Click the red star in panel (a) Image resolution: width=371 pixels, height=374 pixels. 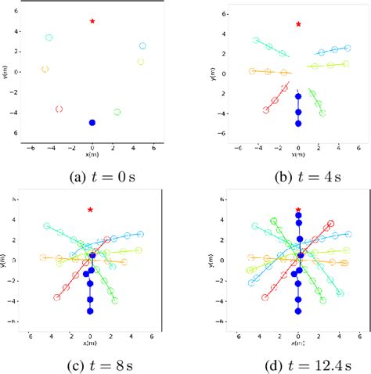[x=92, y=21]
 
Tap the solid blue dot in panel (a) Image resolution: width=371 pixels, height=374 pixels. [x=92, y=123]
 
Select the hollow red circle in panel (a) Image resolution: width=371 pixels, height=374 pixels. [x=59, y=109]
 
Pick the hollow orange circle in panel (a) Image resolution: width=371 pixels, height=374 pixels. [x=45, y=69]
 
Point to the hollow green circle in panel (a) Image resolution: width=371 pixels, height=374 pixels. [x=117, y=112]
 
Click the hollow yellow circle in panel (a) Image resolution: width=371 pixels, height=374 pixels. [x=141, y=62]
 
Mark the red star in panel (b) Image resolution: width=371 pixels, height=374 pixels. [x=298, y=24]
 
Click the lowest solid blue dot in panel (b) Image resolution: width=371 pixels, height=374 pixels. [x=298, y=124]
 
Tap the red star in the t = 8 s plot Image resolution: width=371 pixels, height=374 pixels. [x=91, y=210]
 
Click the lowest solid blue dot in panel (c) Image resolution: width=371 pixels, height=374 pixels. [x=91, y=311]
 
